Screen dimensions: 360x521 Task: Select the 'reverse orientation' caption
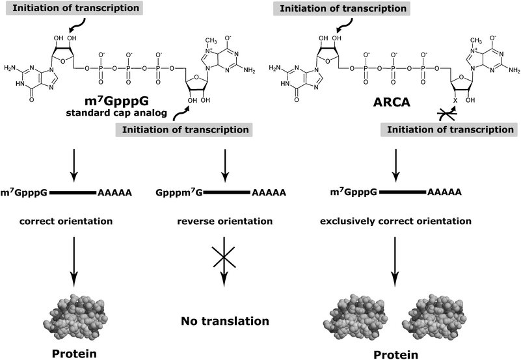pos(224,222)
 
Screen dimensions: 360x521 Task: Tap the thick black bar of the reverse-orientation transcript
pos(224,193)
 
